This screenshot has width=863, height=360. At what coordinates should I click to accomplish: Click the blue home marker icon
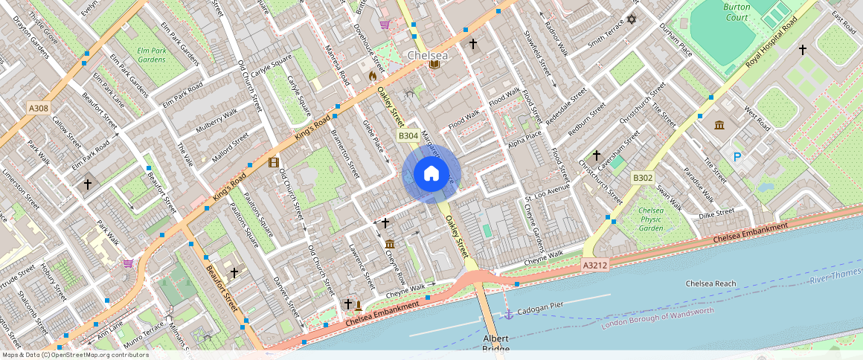(431, 174)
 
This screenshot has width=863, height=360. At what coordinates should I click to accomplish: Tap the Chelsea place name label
(428, 56)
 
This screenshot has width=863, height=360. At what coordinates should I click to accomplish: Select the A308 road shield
(39, 109)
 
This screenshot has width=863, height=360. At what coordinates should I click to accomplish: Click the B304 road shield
(408, 135)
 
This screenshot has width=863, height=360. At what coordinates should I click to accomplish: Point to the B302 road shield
(642, 178)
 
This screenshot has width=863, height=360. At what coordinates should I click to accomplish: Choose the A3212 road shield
(594, 264)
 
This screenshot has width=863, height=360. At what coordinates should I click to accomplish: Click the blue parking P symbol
(737, 157)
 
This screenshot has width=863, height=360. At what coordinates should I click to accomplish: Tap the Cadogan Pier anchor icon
(509, 315)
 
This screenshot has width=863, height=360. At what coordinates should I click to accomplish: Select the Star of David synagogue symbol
(632, 19)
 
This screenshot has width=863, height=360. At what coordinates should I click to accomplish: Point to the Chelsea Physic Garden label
(651, 219)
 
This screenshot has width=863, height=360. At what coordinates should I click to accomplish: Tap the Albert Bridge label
(495, 343)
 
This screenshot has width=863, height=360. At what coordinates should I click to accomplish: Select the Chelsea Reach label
(710, 283)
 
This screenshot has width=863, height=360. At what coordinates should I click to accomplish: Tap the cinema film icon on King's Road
(274, 162)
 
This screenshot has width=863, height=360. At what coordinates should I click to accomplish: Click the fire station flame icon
(373, 75)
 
